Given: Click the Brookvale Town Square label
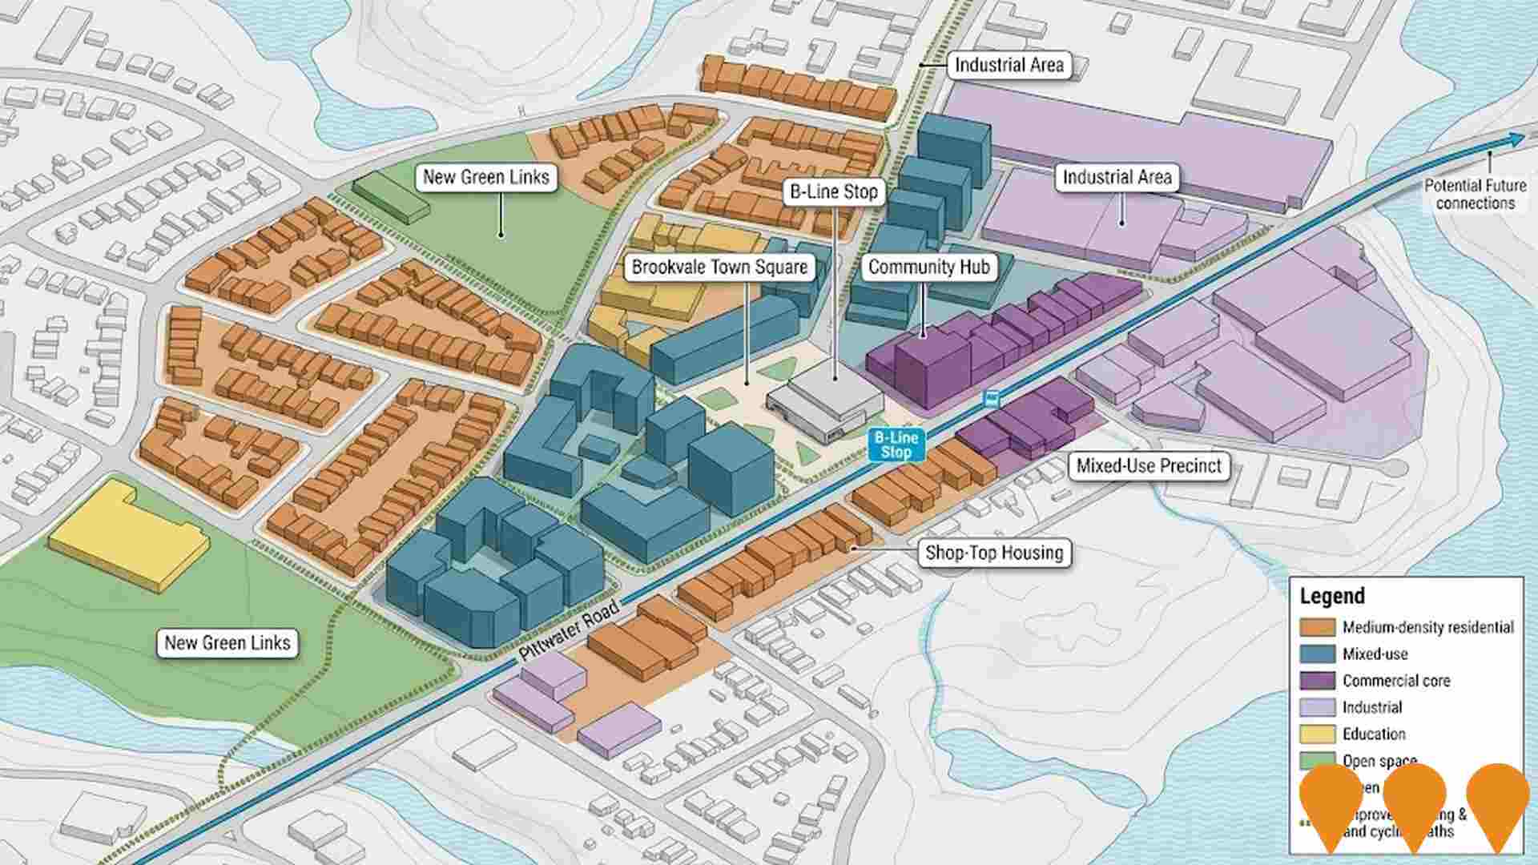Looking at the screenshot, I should click(x=719, y=267).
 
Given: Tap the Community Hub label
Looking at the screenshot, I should click(x=928, y=267).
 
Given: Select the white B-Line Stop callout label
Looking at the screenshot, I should click(x=834, y=191).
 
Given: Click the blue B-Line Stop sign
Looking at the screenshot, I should click(x=896, y=445).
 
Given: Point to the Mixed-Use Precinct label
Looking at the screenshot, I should click(x=1148, y=466).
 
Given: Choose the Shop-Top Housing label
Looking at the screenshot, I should click(x=994, y=553).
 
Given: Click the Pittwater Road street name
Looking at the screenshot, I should click(x=570, y=630).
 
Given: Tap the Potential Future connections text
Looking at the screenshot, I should click(x=1475, y=194).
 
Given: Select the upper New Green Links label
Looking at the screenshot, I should click(x=485, y=177).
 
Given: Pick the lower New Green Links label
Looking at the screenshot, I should click(x=227, y=642).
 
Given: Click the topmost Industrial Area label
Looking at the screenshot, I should click(x=1009, y=65).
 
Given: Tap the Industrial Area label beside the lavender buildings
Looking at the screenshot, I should click(x=1117, y=177).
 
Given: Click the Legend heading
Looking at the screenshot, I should click(x=1331, y=596).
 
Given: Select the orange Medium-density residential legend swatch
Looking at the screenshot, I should click(x=1317, y=627).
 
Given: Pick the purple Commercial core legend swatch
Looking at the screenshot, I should click(x=1317, y=681).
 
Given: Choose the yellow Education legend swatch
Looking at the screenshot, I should click(x=1317, y=734).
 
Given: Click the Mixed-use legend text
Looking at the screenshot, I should click(x=1375, y=654).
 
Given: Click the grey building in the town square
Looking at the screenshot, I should click(x=825, y=396).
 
